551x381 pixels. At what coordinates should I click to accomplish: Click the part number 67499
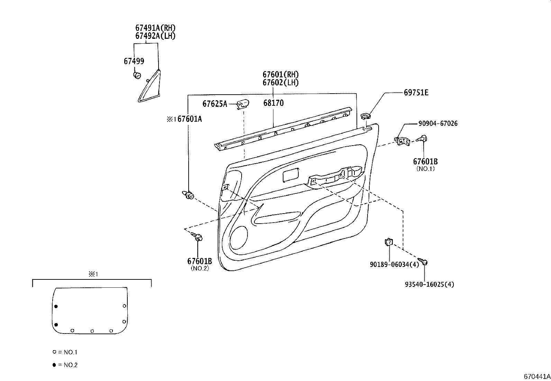pos(134,61)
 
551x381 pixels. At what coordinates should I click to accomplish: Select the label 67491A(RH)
pos(155,28)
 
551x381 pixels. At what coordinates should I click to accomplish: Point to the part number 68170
pos(273,103)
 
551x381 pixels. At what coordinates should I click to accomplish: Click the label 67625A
pos(215,104)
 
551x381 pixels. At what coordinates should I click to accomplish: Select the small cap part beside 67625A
pos(243,103)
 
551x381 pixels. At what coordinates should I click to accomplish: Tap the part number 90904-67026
pos(437,123)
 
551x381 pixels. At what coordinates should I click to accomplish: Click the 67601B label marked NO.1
pos(425,162)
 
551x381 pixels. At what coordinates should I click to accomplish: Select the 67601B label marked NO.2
pos(199,261)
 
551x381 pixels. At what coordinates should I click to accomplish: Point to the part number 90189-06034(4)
pos(394,265)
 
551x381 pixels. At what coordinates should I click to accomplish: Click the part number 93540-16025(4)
pos(429,284)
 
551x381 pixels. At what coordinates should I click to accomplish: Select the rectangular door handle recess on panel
pos(291,175)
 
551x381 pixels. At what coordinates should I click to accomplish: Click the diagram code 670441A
pos(536,376)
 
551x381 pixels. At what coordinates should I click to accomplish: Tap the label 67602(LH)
pos(280,83)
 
